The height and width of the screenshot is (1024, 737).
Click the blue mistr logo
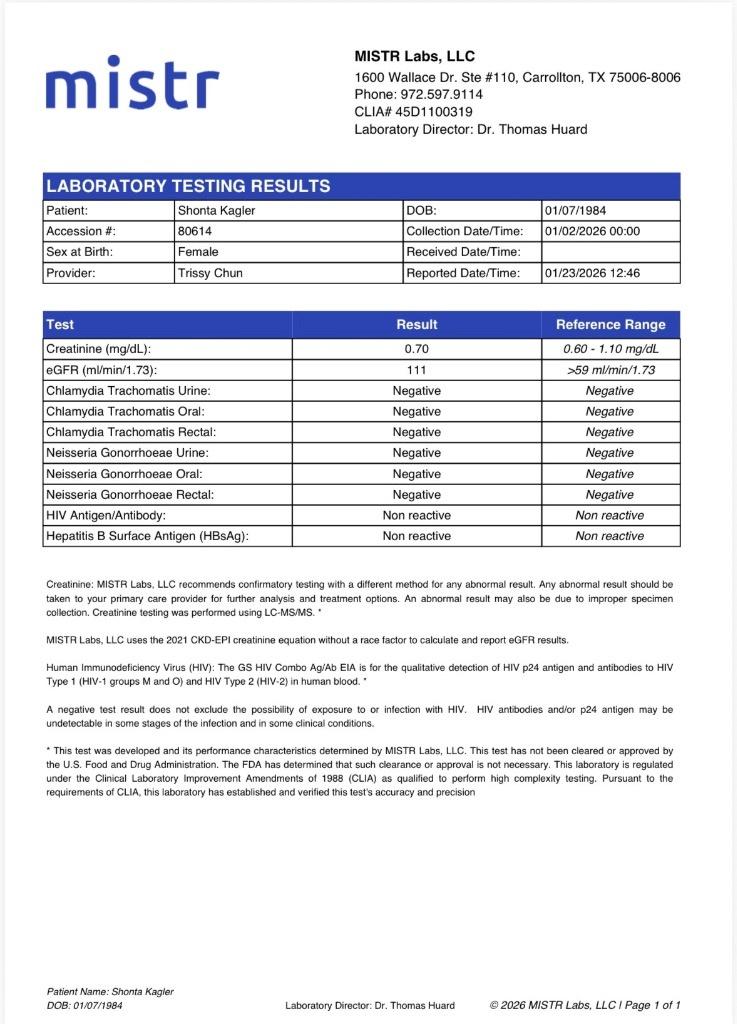click(x=132, y=84)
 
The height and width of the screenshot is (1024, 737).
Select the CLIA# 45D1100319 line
click(x=413, y=112)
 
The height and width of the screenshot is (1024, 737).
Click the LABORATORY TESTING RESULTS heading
click(x=188, y=186)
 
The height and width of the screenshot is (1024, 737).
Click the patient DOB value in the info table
click(x=575, y=211)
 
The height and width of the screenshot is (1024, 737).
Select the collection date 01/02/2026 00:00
click(x=592, y=231)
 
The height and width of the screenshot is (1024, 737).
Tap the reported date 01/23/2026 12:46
click(x=592, y=273)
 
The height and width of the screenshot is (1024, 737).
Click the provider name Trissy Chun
click(x=210, y=273)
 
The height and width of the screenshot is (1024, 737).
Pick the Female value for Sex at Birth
click(x=198, y=252)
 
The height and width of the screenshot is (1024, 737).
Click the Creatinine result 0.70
click(x=416, y=349)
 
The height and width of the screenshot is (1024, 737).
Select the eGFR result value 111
click(x=416, y=370)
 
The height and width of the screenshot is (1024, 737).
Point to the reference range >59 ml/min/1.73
click(x=609, y=370)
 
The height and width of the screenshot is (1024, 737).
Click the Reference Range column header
click(x=610, y=324)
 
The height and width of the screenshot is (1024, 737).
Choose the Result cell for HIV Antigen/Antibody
click(x=416, y=515)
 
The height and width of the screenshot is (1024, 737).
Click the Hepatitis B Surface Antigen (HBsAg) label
click(x=147, y=536)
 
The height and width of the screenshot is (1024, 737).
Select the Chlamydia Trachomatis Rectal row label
click(x=131, y=432)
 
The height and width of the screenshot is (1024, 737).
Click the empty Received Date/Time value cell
click(x=610, y=252)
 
